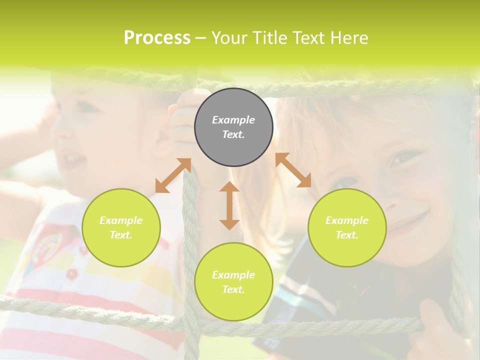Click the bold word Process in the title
tap(157, 38)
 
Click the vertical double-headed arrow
tap(229, 205)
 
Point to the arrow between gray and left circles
tap(173, 175)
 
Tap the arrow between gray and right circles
tap(293, 170)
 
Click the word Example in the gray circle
tap(233, 120)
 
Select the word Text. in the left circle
tap(121, 235)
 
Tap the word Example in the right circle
tap(347, 220)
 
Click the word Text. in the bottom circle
tap(233, 289)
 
